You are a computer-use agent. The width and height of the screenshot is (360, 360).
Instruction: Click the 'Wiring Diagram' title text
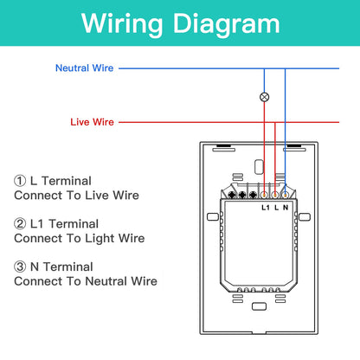[181, 23]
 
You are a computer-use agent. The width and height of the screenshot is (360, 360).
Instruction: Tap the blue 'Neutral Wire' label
[84, 68]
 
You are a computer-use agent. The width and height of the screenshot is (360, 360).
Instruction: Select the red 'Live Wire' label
[92, 122]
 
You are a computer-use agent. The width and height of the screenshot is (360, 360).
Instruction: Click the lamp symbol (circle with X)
[264, 97]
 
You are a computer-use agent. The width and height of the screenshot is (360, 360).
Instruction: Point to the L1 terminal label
[266, 208]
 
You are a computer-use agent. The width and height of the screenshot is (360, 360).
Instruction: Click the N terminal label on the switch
[286, 208]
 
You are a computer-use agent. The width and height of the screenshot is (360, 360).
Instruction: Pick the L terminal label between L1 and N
[276, 208]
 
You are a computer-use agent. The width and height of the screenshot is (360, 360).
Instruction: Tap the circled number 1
[20, 181]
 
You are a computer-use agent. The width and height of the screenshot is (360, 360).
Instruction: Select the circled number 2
[20, 223]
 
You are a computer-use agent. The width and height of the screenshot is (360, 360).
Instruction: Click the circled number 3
[20, 267]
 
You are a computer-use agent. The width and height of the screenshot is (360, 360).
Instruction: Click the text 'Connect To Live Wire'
[76, 196]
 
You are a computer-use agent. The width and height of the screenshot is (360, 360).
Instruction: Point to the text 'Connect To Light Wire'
[80, 239]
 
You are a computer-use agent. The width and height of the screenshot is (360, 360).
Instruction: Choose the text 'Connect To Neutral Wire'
[86, 281]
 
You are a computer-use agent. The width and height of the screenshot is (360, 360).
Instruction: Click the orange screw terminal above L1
[264, 196]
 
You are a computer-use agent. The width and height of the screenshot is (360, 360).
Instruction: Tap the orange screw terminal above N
[285, 196]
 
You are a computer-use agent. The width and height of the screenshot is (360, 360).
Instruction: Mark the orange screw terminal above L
[274, 196]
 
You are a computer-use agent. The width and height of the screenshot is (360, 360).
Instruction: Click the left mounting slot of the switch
[213, 216]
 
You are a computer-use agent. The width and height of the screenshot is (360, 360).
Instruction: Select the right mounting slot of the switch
[305, 216]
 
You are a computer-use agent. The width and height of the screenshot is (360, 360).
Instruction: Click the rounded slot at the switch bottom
[259, 306]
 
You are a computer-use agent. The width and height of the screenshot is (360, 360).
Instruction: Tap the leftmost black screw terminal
[232, 195]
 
